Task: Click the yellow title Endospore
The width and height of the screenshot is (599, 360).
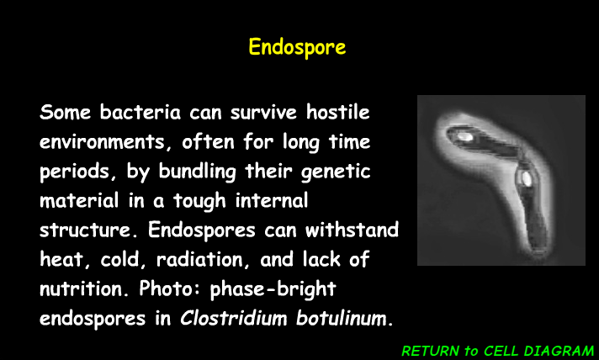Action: [x=297, y=46]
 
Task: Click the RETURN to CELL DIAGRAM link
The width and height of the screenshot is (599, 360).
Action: [x=498, y=350]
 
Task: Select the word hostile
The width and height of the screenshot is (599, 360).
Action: [x=337, y=112]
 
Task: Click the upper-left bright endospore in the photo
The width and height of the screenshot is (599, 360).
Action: [x=462, y=134]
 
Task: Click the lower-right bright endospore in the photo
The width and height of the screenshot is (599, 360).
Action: [x=525, y=177]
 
